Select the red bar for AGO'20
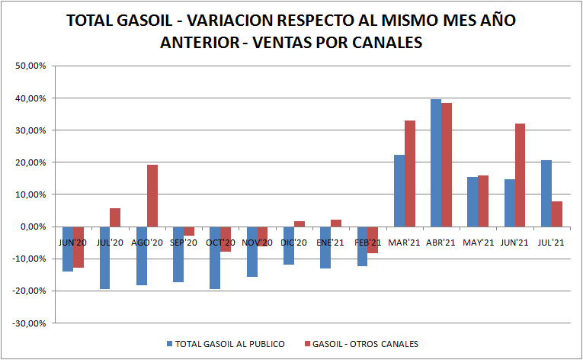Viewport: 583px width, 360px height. click(152, 195)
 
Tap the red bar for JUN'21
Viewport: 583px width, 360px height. click(521, 175)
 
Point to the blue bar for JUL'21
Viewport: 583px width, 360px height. click(546, 193)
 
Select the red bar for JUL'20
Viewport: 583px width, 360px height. click(115, 217)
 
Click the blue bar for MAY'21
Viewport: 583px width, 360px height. click(472, 201)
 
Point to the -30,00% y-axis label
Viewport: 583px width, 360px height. click(30, 323)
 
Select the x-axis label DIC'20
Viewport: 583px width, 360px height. click(294, 243)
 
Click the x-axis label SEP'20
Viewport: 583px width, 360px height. click(184, 243)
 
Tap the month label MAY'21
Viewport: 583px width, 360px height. click(479, 243)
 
